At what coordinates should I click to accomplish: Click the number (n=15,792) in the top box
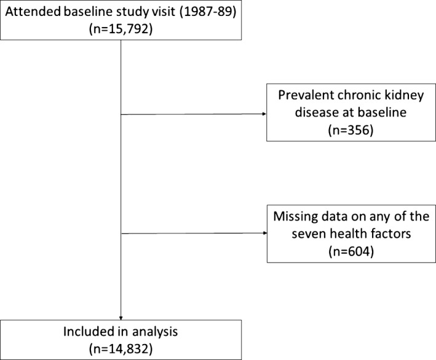coord(121,29)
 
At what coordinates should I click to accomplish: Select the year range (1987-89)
coord(208,12)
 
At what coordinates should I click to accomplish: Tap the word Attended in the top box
coord(33,12)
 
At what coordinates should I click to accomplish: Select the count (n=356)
coord(351,130)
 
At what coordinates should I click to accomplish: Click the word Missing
coord(296,217)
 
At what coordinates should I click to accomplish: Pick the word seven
coord(308,234)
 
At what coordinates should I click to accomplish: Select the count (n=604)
coord(351,252)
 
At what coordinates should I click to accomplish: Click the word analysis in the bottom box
coord(155,332)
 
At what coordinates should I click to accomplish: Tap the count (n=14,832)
coord(121,349)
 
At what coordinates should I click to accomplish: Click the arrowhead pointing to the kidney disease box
coord(264,114)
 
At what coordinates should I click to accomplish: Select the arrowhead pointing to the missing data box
coord(265,233)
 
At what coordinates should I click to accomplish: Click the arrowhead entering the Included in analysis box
coord(121,318)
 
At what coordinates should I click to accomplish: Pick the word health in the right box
coord(347,233)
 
